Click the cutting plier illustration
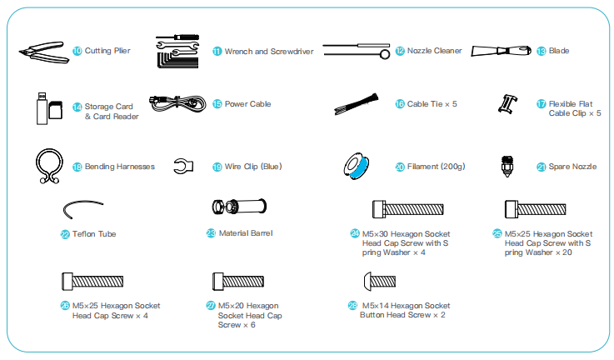coord(44,52)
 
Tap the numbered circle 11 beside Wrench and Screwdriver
coord(217,52)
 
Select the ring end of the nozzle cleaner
coord(385,54)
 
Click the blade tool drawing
coord(501,51)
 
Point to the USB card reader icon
coord(42,108)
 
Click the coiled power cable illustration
coord(177,103)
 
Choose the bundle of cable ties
coord(357,104)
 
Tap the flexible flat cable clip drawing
coord(507,104)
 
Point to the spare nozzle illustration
coord(507,166)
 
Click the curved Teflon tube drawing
coord(82,202)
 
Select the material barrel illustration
coord(239,207)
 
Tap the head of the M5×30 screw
coord(379,209)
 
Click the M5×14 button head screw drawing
coord(380,282)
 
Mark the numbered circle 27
coord(211,306)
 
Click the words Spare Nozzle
coord(572,167)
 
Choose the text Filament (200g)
coord(437,167)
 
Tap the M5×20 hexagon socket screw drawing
coord(238,282)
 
